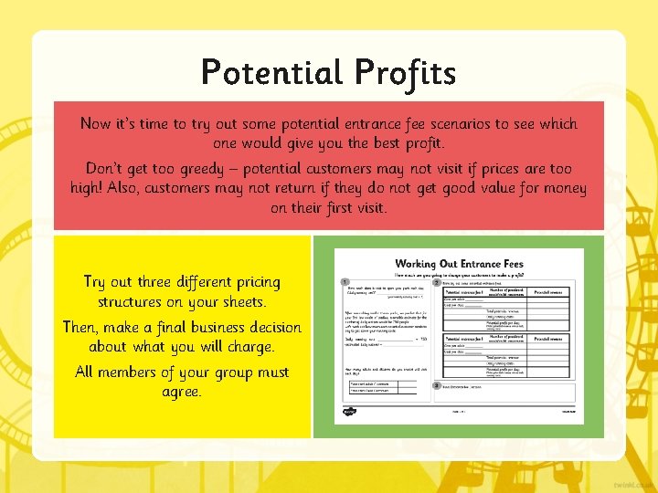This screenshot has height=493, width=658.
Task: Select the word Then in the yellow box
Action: coord(82,327)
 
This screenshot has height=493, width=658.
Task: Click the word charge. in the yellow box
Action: coord(246,347)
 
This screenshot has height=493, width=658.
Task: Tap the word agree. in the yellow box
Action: coord(181,392)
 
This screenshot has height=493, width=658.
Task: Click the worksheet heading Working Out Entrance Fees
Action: coord(459,264)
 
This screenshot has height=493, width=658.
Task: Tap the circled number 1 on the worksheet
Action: coord(344,282)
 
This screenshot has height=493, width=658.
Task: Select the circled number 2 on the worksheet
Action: coord(437,282)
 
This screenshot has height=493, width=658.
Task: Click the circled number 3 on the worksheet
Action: coord(437,385)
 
